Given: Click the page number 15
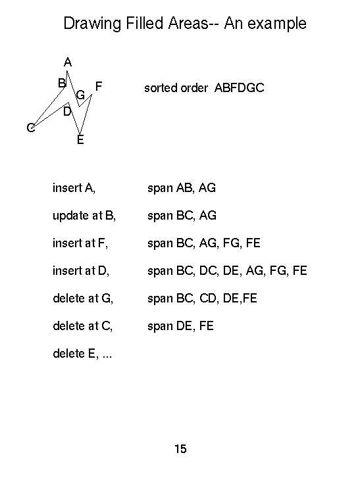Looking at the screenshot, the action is (x=180, y=449).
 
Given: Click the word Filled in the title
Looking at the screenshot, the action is (x=144, y=23).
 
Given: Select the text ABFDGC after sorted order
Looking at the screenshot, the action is (x=239, y=88).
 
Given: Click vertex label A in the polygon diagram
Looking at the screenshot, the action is (x=68, y=62).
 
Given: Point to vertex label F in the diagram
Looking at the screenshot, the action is (x=98, y=86).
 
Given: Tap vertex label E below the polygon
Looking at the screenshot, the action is (x=80, y=140).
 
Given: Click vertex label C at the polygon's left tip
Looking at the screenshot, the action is (x=31, y=128).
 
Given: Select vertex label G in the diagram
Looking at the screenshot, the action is (x=80, y=95).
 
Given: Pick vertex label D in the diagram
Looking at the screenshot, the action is (x=67, y=112).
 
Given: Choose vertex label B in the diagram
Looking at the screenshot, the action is (x=62, y=83).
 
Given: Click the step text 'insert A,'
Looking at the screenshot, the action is (x=74, y=188).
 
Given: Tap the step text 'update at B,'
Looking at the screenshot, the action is (x=84, y=216).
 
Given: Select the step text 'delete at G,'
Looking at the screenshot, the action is (x=83, y=298).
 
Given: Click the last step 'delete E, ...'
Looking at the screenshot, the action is (x=82, y=354).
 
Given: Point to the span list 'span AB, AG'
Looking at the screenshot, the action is (x=182, y=188).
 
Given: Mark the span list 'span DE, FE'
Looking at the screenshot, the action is (x=180, y=326).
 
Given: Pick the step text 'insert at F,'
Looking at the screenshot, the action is (x=80, y=243).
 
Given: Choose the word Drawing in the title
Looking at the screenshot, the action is (x=92, y=24).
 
